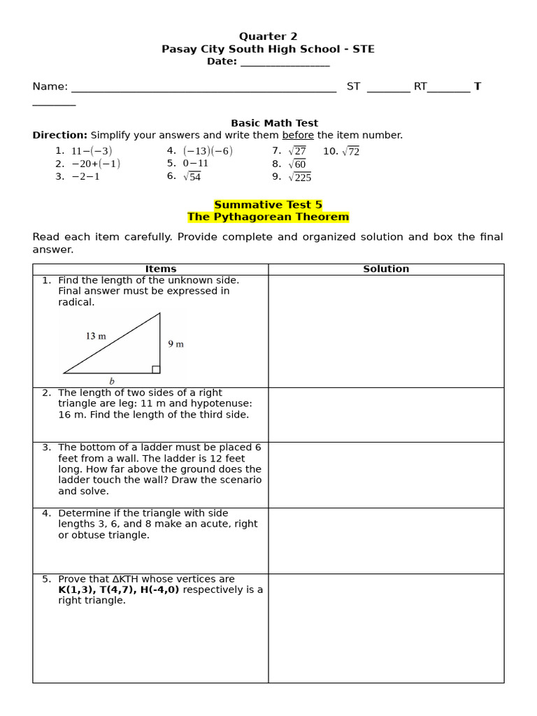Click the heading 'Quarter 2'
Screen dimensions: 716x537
coord(268,36)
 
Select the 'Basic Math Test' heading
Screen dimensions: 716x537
coord(274,123)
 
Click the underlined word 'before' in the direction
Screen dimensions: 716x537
coord(298,135)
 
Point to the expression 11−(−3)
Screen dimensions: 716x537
coord(92,150)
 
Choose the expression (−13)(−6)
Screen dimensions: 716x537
coord(208,150)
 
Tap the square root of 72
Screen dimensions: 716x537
coord(350,151)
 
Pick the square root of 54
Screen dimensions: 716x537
coord(192,177)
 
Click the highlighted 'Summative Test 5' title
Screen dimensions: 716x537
coord(268,205)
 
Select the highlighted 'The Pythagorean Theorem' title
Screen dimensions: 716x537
coord(268,217)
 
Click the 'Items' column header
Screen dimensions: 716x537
coord(160,269)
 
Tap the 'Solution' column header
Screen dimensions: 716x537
coord(386,269)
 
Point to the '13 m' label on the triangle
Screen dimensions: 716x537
coord(96,336)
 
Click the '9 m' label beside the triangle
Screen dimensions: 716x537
coord(176,344)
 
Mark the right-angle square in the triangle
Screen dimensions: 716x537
coord(156,369)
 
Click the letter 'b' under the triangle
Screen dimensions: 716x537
coord(112,382)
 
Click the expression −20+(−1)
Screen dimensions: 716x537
coord(96,164)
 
